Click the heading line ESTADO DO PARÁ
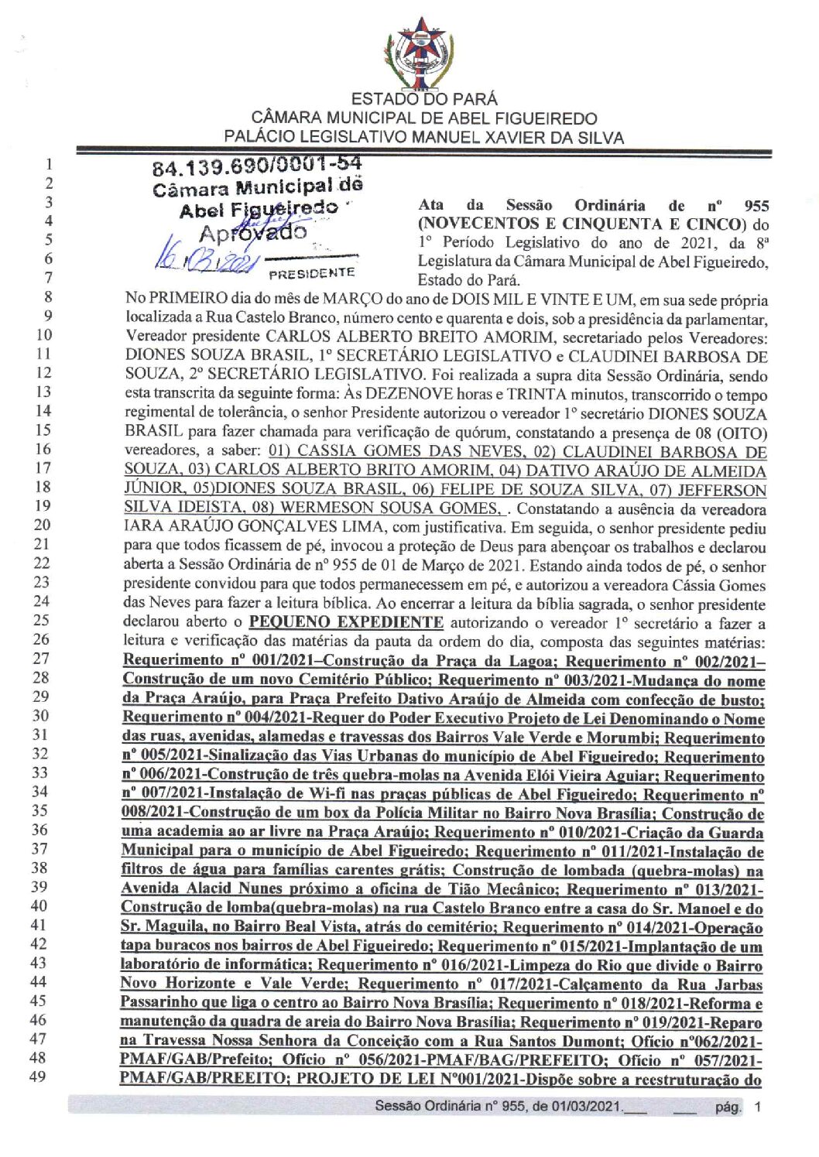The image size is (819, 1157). (x=424, y=99)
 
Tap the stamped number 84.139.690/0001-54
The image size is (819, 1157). (x=257, y=166)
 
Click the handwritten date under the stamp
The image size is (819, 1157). (x=204, y=260)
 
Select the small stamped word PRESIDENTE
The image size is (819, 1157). (x=311, y=272)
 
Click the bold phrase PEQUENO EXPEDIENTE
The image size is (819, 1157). (x=346, y=623)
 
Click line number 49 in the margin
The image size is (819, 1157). (x=38, y=1077)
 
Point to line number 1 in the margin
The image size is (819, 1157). (x=48, y=164)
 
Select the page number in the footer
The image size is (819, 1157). (x=757, y=1107)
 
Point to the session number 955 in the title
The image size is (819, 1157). (x=756, y=206)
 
